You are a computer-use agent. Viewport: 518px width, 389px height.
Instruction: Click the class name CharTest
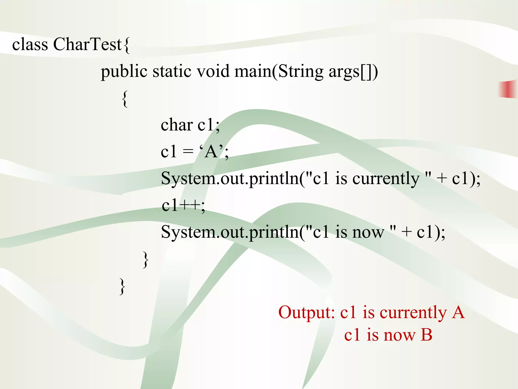click(88, 44)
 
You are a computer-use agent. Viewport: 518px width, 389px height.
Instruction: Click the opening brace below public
click(125, 99)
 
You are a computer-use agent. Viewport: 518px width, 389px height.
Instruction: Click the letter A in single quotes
click(211, 152)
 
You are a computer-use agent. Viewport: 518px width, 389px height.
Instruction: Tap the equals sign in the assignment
click(188, 152)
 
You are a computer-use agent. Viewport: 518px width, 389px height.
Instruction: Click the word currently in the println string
click(386, 179)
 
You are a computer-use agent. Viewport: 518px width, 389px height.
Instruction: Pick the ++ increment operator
click(191, 205)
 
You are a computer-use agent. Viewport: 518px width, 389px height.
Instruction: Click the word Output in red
click(306, 312)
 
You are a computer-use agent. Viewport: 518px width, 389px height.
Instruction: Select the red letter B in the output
click(426, 335)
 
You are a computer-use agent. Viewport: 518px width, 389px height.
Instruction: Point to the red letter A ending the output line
click(458, 312)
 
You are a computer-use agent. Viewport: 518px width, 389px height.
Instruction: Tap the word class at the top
click(30, 44)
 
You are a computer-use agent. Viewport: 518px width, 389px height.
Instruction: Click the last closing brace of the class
click(122, 286)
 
